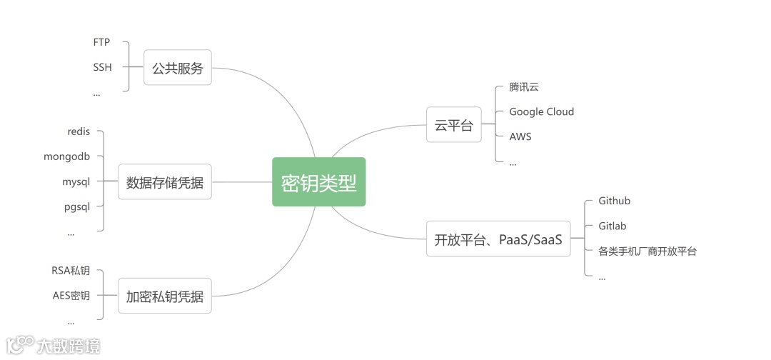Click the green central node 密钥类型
[318, 182]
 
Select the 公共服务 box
[177, 68]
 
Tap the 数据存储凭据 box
[164, 182]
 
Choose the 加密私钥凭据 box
[164, 296]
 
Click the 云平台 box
[453, 126]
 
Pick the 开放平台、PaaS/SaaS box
[498, 239]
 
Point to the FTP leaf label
[101, 42]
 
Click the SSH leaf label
[102, 67]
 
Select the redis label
[79, 131]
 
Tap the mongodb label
[67, 156]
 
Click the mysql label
[76, 181]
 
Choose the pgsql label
[76, 206]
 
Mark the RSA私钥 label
[71, 270]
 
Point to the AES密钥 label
[71, 295]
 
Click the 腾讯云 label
[524, 86]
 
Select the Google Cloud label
[541, 111]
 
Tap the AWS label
[520, 136]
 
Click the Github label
[614, 201]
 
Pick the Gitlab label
[612, 226]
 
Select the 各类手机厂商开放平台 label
[647, 251]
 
